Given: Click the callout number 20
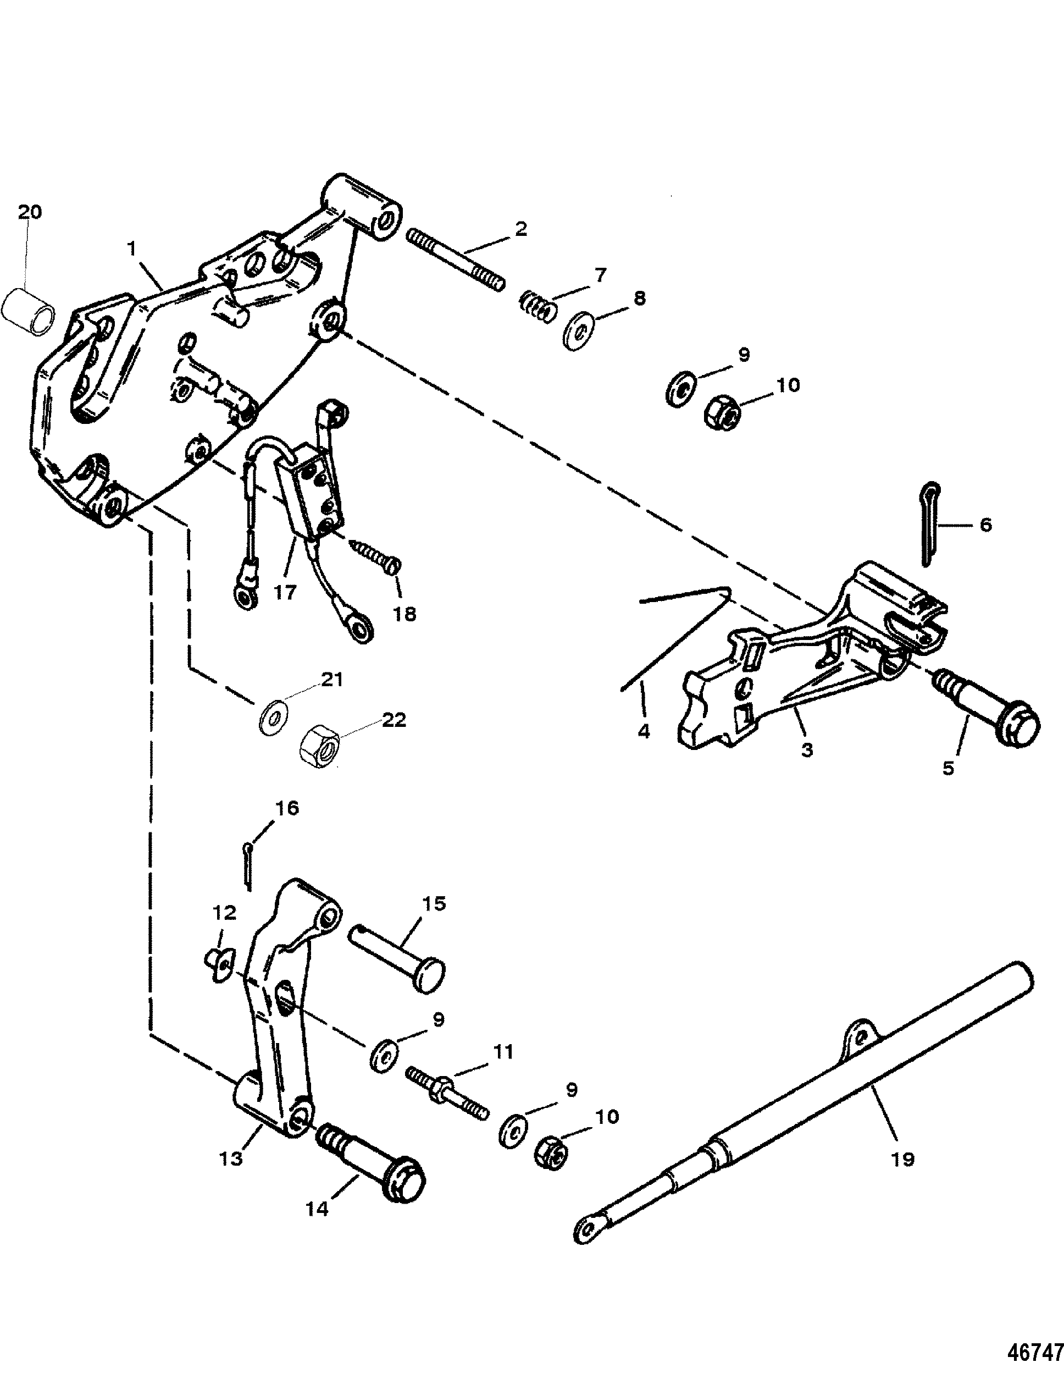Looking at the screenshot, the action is pyautogui.click(x=29, y=212).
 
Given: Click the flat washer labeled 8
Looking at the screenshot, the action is pyautogui.click(x=581, y=329).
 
